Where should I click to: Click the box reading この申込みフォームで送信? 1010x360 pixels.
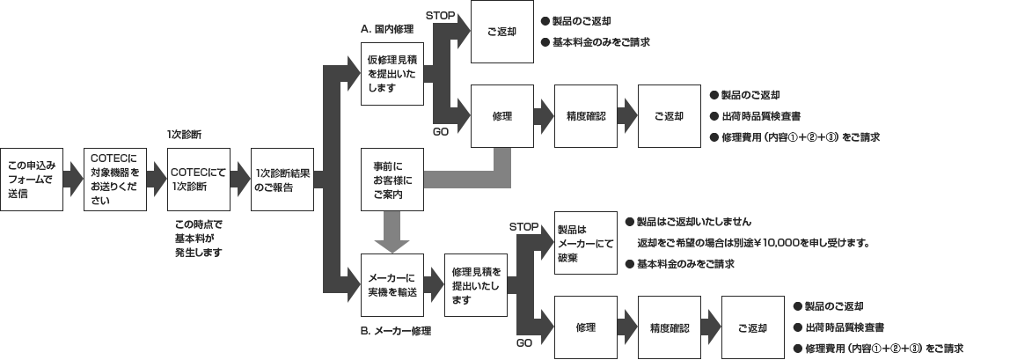pos(32,179)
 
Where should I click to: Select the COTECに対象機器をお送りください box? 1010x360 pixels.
pos(115,179)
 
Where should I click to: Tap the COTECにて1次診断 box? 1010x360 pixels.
pos(199,179)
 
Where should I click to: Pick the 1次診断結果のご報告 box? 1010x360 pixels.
pos(282,179)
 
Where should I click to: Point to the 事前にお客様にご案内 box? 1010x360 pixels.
pos(393,180)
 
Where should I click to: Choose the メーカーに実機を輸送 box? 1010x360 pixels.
pos(393,285)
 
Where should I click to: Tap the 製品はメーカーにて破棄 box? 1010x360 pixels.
pos(585,243)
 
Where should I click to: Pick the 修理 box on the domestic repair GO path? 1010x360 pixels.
pos(502,116)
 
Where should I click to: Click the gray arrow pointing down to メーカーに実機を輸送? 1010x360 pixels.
pos(392,233)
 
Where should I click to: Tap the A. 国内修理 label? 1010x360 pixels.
pos(387,29)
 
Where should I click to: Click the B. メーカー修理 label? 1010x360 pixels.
pos(395,331)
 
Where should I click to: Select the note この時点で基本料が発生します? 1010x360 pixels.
pos(199,239)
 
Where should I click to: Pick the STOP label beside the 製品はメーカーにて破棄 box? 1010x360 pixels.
pos(523,227)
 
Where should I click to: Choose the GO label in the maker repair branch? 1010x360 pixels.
pos(523,342)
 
